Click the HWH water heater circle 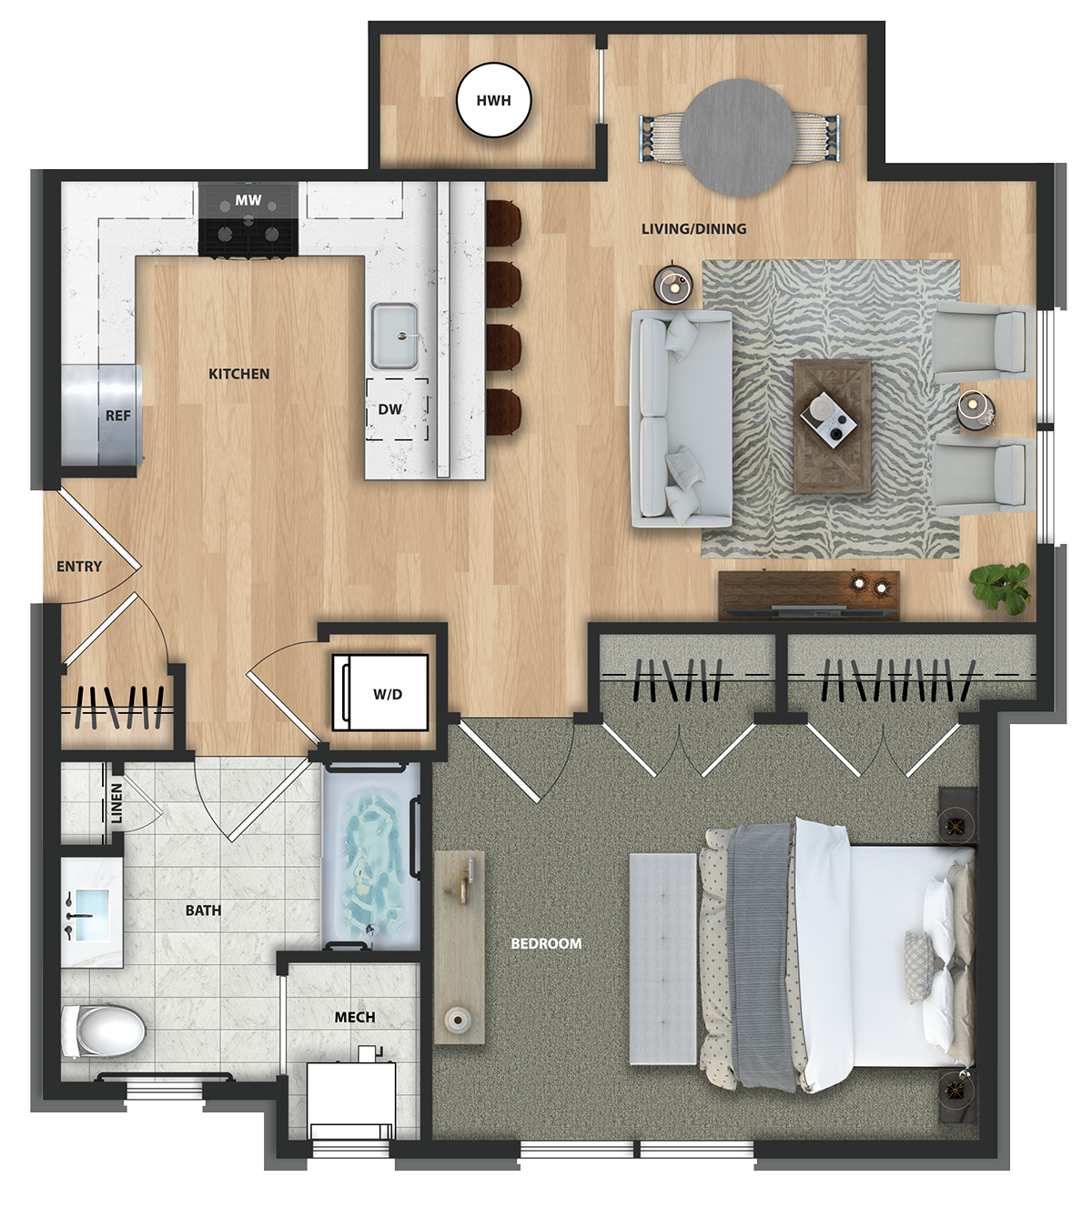point(493,100)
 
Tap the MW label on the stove point(248,200)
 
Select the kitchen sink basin point(394,336)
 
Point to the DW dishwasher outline point(398,409)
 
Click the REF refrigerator point(102,414)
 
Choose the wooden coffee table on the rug point(832,426)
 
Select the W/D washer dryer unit point(380,692)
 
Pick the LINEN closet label point(116,802)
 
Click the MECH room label point(355,1016)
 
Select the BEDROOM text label point(546,943)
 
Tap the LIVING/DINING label point(693,228)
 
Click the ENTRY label point(79,566)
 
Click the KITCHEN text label point(239,374)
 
